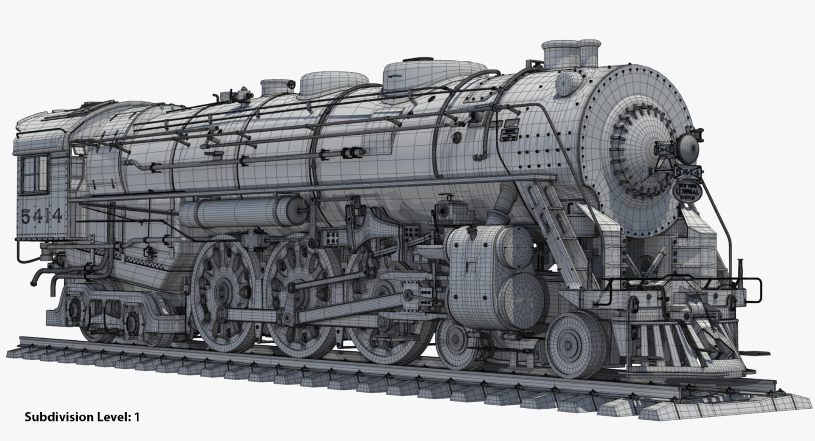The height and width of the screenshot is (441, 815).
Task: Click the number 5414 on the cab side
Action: (x=41, y=217)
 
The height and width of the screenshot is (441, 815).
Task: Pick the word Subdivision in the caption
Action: (x=59, y=417)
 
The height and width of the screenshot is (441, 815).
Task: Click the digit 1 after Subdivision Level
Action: (x=137, y=417)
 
